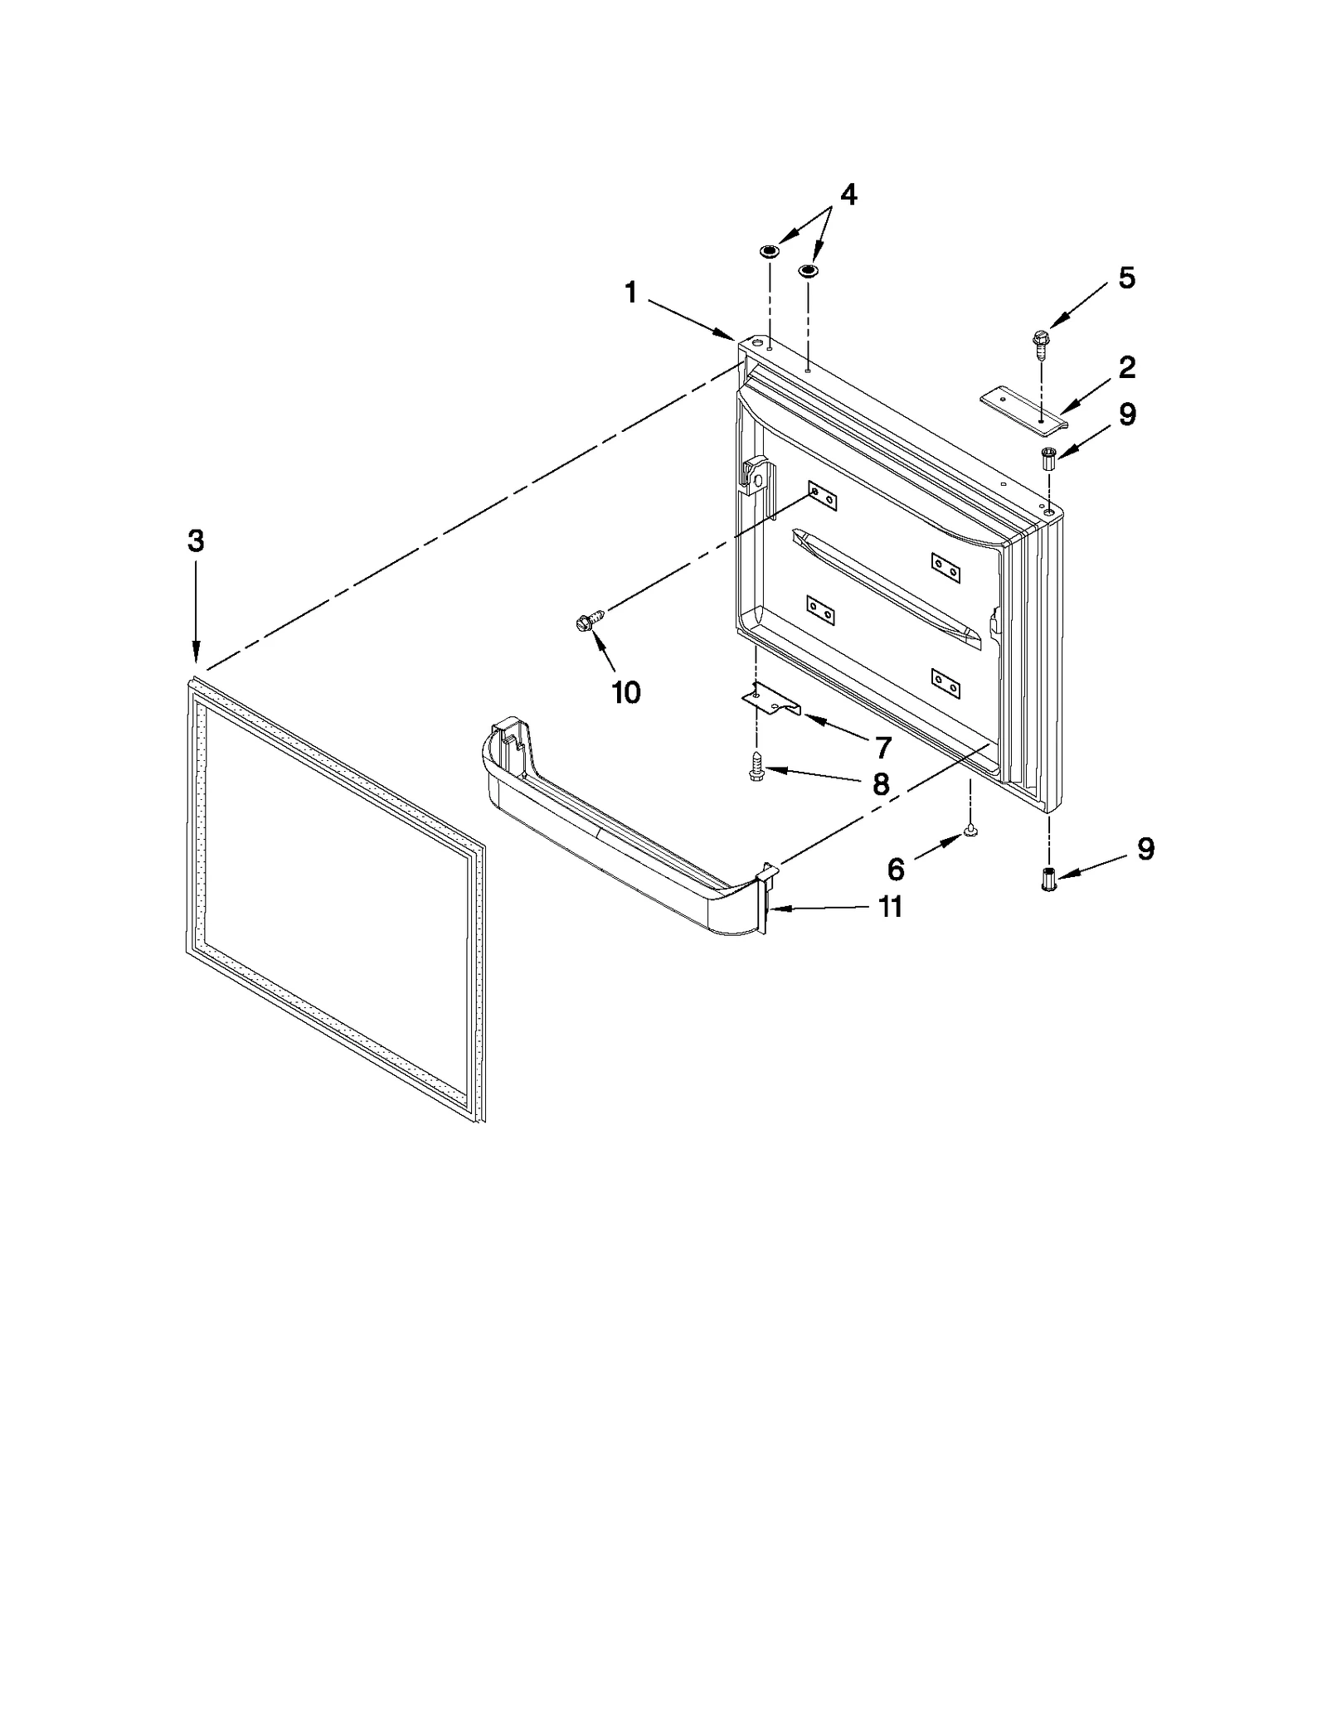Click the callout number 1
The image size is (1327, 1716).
click(631, 293)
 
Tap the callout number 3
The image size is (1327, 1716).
click(195, 541)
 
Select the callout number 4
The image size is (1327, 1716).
click(848, 196)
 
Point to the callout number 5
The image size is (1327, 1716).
click(1126, 279)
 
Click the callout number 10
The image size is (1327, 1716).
click(626, 692)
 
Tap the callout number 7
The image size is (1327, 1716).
click(882, 747)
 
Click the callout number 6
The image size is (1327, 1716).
click(896, 870)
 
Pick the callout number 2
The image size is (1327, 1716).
click(1127, 367)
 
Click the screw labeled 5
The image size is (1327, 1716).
click(1038, 345)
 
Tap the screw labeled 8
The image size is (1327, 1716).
click(756, 766)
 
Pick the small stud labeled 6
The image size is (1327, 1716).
click(970, 830)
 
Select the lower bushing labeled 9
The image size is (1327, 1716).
click(1048, 879)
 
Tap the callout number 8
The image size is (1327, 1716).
click(881, 783)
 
